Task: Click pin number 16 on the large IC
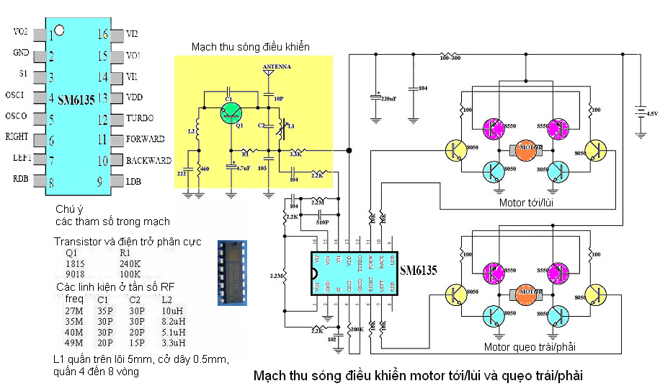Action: tap(102, 34)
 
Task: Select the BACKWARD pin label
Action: tap(148, 160)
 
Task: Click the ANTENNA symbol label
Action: tap(277, 66)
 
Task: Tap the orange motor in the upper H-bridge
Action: tap(527, 149)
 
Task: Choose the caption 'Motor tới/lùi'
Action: tap(530, 203)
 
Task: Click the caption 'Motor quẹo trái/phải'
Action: tap(530, 348)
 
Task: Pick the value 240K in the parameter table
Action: tap(129, 263)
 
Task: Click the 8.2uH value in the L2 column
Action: tap(173, 321)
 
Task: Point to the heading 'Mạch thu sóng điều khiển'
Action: tap(250, 47)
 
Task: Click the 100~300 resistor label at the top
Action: tap(450, 57)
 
